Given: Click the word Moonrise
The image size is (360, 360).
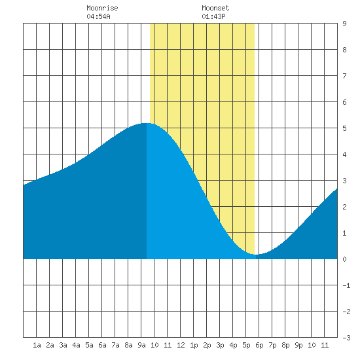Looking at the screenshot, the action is [102, 8].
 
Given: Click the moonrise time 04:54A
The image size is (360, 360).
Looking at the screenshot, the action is [98, 16].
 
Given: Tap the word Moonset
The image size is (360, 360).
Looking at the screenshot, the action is [215, 8].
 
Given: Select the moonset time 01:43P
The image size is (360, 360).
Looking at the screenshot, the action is [213, 16].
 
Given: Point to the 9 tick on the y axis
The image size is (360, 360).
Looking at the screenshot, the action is [344, 24].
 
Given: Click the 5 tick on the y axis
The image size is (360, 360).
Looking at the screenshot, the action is [344, 128].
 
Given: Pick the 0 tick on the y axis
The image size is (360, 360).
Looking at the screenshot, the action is [344, 259].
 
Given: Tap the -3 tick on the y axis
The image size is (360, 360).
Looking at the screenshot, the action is [346, 338].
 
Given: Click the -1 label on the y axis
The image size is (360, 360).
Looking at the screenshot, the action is [346, 285].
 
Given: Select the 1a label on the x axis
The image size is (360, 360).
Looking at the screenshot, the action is [37, 345].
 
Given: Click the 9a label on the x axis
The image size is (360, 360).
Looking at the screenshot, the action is [141, 345].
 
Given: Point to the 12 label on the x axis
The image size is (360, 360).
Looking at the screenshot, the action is [181, 345].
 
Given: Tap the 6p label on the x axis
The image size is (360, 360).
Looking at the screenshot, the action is [259, 345].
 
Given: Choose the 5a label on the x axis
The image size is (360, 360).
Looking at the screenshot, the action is [89, 345].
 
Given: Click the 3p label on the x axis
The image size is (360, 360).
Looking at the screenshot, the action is [220, 345].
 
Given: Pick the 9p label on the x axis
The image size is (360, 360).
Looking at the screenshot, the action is [298, 345].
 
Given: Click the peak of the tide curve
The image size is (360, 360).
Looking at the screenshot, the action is [146, 123].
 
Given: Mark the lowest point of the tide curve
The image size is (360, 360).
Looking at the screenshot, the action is [256, 255].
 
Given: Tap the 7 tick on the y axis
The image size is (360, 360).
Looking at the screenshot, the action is [344, 76].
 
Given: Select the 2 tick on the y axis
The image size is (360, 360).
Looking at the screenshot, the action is [344, 207].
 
